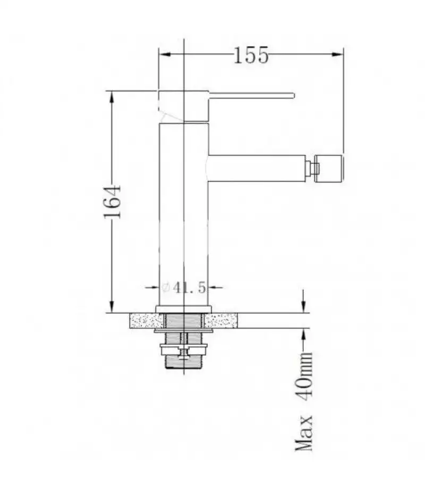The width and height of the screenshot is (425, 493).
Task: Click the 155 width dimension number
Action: (251, 55)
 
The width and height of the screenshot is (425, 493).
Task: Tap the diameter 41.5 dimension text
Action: (184, 287)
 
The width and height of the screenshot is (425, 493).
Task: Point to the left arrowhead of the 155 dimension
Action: (165, 54)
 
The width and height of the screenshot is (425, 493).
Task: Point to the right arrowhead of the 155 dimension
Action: (337, 54)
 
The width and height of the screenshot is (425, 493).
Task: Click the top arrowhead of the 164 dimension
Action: (111, 97)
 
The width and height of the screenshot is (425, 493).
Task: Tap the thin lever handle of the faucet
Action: (251, 96)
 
